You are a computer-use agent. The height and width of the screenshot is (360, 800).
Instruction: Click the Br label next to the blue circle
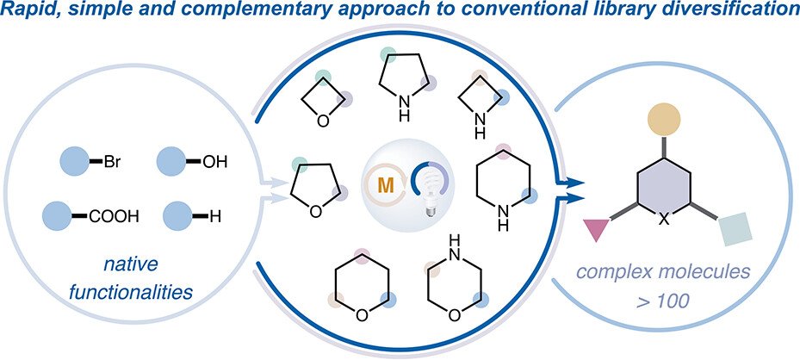pyautogui.click(x=114, y=160)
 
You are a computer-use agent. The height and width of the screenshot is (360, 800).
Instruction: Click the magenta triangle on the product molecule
pyautogui.click(x=596, y=230)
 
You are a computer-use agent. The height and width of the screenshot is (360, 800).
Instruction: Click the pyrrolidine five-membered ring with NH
pyautogui.click(x=402, y=88)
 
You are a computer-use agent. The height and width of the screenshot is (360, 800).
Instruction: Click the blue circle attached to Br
pyautogui.click(x=74, y=160)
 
